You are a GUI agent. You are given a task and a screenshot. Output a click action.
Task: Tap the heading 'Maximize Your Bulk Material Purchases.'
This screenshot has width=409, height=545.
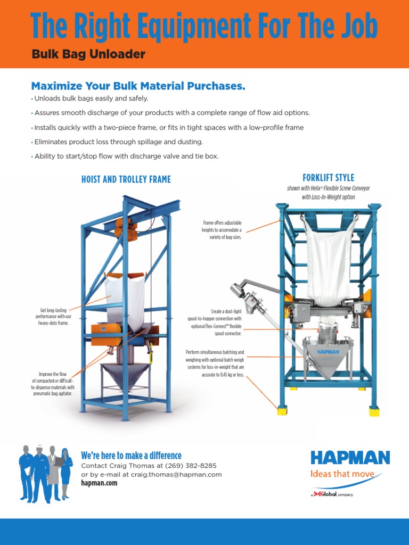[x=138, y=86]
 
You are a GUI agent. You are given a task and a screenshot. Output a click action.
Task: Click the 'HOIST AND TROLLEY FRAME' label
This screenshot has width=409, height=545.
[x=126, y=179]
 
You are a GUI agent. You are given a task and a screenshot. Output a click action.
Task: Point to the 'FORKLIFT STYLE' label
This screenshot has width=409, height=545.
[x=328, y=178]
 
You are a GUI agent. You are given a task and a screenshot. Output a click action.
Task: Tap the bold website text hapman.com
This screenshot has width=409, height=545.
[x=99, y=483]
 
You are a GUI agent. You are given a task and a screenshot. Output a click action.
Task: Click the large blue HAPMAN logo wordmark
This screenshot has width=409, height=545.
[x=350, y=458]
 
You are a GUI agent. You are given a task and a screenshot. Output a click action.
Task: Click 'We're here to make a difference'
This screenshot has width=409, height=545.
[x=131, y=456]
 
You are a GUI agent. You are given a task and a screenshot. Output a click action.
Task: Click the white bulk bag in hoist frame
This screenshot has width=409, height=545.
[x=125, y=298]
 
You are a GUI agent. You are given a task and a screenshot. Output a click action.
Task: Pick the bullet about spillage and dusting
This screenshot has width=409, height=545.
[x=118, y=142]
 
